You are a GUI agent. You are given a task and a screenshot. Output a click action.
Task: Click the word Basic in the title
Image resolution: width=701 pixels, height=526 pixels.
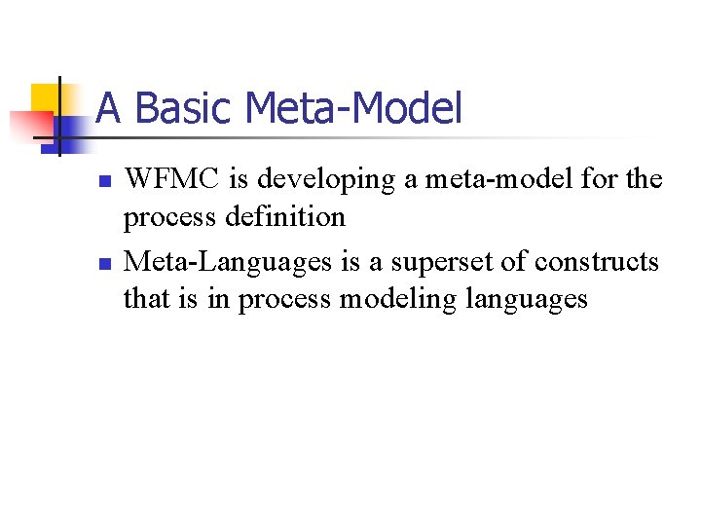point(178,108)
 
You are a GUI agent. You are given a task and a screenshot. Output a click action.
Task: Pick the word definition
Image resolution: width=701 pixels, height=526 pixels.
point(284,216)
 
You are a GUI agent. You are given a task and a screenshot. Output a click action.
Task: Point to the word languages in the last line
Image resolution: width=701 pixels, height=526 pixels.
point(528,299)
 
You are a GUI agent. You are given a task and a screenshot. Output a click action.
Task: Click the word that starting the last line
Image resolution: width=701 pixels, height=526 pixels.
point(146,298)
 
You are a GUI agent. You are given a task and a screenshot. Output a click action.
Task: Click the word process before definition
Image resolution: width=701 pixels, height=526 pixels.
point(171,216)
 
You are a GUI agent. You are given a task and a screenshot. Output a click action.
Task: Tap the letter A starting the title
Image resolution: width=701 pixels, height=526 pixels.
point(108,108)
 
